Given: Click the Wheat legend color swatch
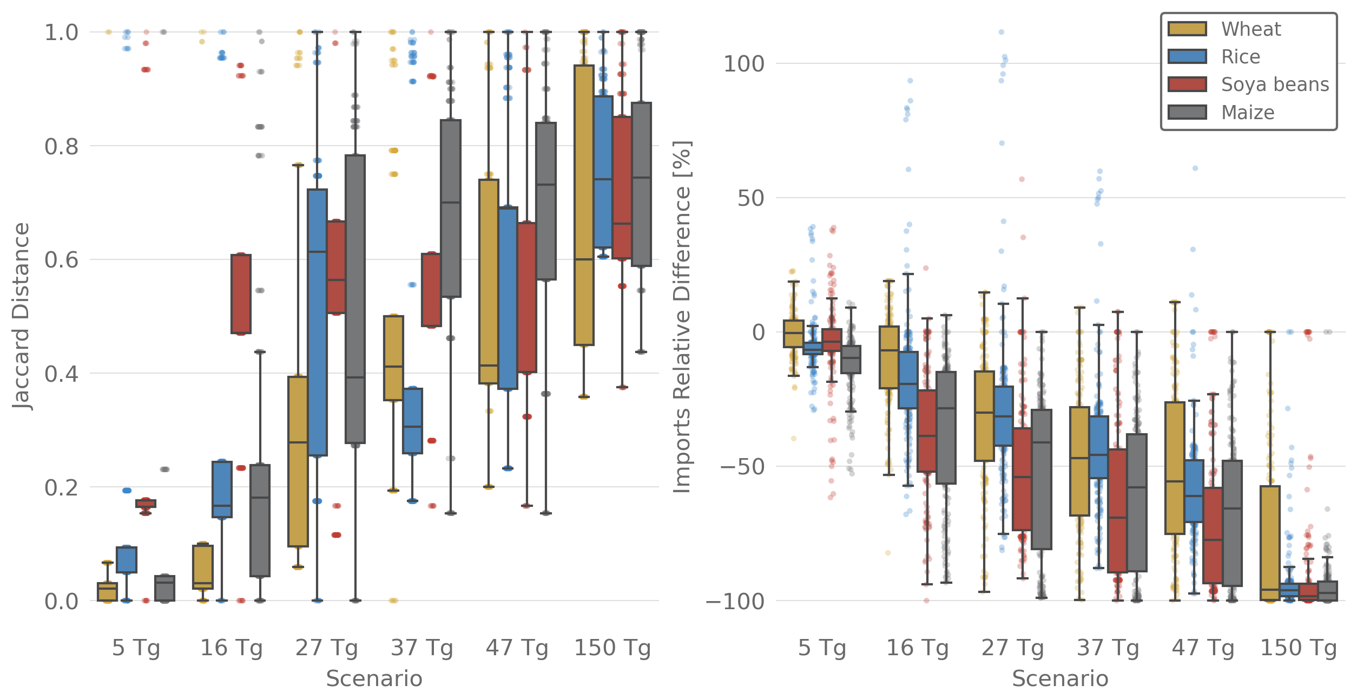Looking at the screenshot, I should pyautogui.click(x=1187, y=29).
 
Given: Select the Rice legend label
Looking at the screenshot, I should pyautogui.click(x=1241, y=57).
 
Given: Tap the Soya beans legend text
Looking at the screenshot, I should pyautogui.click(x=1275, y=84).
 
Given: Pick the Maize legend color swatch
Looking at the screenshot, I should pyautogui.click(x=1187, y=112).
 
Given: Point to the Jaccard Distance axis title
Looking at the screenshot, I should pyautogui.click(x=22, y=316).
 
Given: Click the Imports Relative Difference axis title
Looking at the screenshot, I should pyautogui.click(x=682, y=317).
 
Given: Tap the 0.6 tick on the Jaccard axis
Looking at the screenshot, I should pyautogui.click(x=61, y=260).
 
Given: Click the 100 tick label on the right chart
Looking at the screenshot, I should pyautogui.click(x=744, y=64).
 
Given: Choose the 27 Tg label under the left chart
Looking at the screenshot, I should pyautogui.click(x=326, y=648).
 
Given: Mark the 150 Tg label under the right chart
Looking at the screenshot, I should pyautogui.click(x=1299, y=648).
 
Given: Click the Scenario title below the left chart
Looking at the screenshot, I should pyautogui.click(x=374, y=679).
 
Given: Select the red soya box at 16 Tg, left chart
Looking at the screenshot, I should pyautogui.click(x=241, y=293).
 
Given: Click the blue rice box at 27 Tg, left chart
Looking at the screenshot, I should pyautogui.click(x=317, y=322).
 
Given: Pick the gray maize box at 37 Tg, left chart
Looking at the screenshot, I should pyautogui.click(x=451, y=208).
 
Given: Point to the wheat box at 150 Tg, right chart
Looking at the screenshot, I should pyautogui.click(x=1270, y=543).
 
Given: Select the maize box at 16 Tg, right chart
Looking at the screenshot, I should pyautogui.click(x=946, y=427).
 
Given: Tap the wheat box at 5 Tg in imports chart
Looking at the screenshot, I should pyautogui.click(x=793, y=334).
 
